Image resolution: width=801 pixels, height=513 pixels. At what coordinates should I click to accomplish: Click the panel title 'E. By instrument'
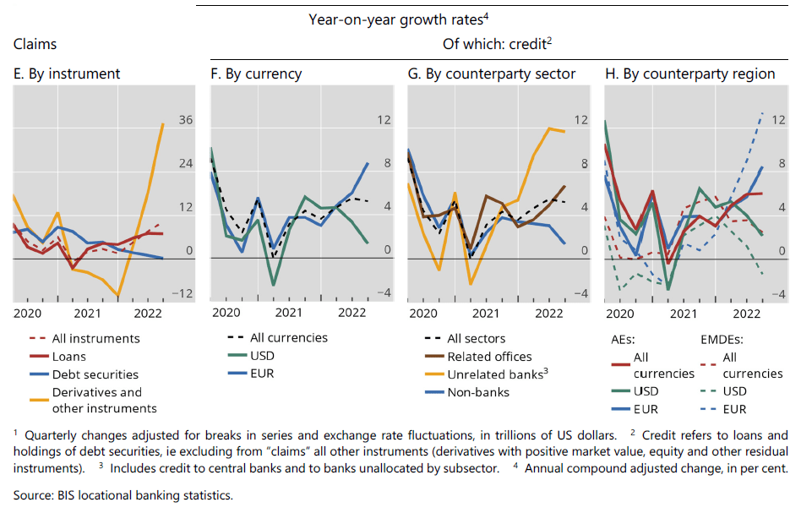(x=67, y=74)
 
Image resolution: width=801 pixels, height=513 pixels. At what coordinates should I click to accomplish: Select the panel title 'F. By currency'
(x=256, y=74)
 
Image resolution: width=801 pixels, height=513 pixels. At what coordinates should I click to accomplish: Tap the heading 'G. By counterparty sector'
(x=492, y=74)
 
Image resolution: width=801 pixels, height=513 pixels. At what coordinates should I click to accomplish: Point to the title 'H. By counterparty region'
(x=690, y=74)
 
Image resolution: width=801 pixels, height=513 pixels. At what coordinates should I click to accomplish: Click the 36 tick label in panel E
(x=185, y=121)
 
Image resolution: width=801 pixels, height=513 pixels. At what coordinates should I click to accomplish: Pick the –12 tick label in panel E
(x=183, y=294)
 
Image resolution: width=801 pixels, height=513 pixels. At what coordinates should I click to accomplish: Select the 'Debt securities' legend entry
(x=95, y=374)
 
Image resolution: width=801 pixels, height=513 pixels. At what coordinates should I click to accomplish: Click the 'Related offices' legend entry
(x=489, y=357)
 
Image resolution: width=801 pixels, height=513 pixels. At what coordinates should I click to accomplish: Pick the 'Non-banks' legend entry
(x=478, y=392)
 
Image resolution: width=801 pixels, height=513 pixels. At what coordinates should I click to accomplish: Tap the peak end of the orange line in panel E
(x=163, y=124)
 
